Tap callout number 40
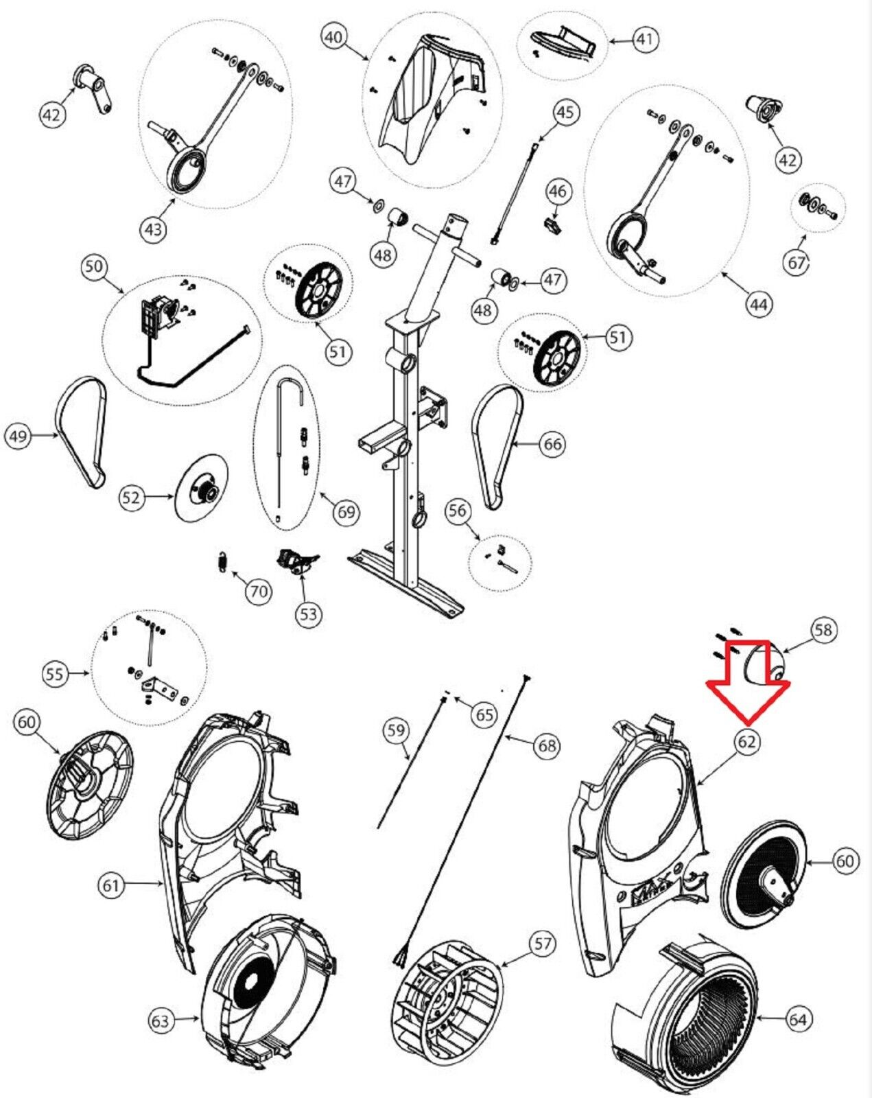(334, 37)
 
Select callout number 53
(309, 613)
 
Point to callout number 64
(797, 1020)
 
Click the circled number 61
(111, 886)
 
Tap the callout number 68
(547, 745)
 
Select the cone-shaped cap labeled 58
(763, 664)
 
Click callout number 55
(56, 673)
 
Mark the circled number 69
(346, 512)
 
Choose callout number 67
(797, 263)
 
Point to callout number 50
(95, 266)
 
